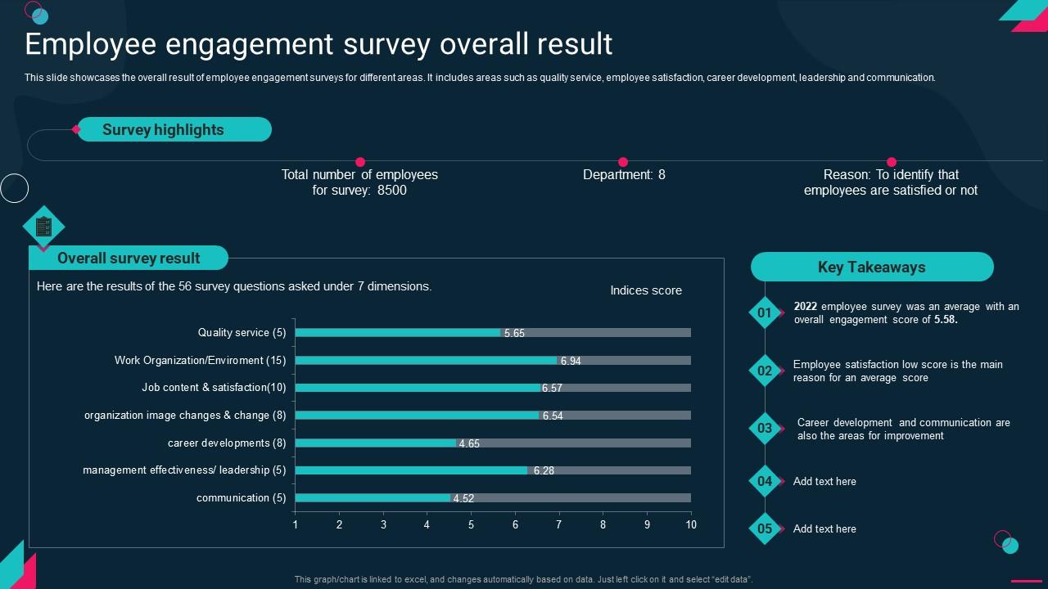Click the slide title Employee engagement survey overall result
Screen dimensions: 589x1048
[x=318, y=43]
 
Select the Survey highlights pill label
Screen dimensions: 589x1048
[x=163, y=129]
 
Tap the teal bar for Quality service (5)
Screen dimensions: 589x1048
[x=398, y=333]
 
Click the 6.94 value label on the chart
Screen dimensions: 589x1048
[x=571, y=361]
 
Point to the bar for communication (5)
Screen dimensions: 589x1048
[x=373, y=497]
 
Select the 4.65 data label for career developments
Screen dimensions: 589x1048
[x=469, y=443]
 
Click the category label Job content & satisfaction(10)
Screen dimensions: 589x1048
[x=214, y=388]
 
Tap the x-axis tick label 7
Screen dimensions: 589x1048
[x=559, y=524]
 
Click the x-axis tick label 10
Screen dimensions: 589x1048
[x=691, y=524]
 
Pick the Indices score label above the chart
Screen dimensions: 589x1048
[x=645, y=290]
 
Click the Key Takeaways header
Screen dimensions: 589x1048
[x=871, y=267]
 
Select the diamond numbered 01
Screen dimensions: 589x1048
[x=765, y=312]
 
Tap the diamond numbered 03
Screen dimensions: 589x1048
[x=765, y=429]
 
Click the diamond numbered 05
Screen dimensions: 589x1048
[x=765, y=528]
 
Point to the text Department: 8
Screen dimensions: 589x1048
[x=624, y=174]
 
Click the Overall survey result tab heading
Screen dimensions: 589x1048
[x=129, y=258]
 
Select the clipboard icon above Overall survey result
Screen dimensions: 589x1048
[x=43, y=227]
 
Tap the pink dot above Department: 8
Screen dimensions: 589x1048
[x=623, y=162]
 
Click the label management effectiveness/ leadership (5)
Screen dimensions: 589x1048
[x=184, y=470]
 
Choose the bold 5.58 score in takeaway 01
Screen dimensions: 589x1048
[x=946, y=320]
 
